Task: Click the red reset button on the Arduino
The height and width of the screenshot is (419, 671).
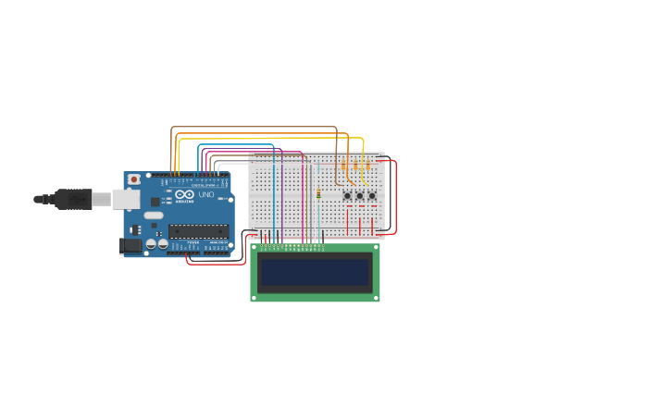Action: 134,179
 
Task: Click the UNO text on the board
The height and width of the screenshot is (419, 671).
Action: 206,195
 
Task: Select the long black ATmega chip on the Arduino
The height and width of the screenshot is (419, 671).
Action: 198,230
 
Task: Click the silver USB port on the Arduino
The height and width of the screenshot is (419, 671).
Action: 126,199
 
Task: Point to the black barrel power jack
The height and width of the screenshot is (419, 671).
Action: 130,245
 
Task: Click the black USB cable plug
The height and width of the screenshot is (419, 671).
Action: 73,199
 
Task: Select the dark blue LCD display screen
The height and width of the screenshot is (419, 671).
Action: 315,273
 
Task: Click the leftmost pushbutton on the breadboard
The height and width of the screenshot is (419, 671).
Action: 347,195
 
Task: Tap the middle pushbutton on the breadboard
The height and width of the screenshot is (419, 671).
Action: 359,195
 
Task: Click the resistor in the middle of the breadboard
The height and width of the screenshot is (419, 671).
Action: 318,194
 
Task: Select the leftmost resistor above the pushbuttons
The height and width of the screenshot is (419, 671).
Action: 343,166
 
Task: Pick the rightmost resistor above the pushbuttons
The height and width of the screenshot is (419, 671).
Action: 367,166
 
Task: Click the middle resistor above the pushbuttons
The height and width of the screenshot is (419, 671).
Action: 355,166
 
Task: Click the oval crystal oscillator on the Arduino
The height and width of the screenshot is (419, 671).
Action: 154,216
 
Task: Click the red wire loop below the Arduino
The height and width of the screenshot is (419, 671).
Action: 213,264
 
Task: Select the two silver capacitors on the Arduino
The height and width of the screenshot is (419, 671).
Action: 156,244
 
